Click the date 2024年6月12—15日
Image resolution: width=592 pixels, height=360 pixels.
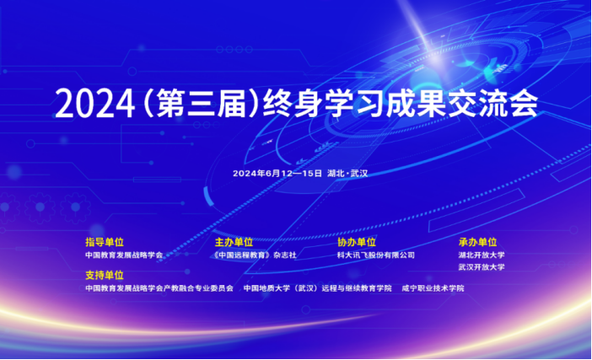click(x=277, y=173)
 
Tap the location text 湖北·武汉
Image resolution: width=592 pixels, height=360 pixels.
click(x=347, y=173)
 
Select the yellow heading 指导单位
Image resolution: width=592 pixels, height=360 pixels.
click(x=105, y=242)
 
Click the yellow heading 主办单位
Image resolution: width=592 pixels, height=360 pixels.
click(x=234, y=242)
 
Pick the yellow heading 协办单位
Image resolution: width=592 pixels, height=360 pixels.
click(x=357, y=242)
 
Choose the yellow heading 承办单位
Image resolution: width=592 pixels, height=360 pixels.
click(x=477, y=242)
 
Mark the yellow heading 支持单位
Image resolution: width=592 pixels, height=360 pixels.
click(x=105, y=275)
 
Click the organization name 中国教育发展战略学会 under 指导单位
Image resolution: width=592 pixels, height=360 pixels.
click(x=124, y=255)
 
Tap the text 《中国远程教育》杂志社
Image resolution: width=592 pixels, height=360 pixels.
click(x=255, y=255)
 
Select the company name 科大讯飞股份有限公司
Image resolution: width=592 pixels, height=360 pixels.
click(x=376, y=255)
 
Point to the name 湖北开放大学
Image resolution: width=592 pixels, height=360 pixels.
click(x=482, y=255)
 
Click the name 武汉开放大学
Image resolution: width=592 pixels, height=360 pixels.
click(x=482, y=267)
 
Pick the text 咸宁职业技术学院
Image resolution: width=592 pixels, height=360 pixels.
click(x=433, y=288)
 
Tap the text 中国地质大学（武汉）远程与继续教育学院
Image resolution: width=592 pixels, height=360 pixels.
click(x=318, y=288)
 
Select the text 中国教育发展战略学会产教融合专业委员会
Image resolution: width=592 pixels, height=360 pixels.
click(x=159, y=288)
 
